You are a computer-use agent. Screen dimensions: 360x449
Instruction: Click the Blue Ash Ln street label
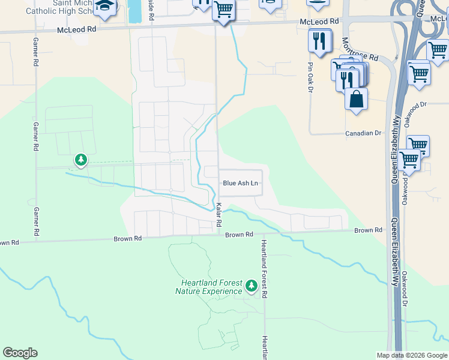coord(240,183)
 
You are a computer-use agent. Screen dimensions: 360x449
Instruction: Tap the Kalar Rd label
coord(219,214)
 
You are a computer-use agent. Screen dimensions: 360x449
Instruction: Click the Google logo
coord(20,353)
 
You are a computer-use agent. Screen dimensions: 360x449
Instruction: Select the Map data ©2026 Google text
coord(411,355)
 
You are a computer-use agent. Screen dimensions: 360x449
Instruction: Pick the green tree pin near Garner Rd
coord(81,160)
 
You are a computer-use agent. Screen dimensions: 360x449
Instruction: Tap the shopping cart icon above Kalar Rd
coord(223,10)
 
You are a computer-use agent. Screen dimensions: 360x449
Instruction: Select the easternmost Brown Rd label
coord(368,230)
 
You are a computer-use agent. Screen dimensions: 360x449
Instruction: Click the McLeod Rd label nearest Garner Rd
coord(77,29)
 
